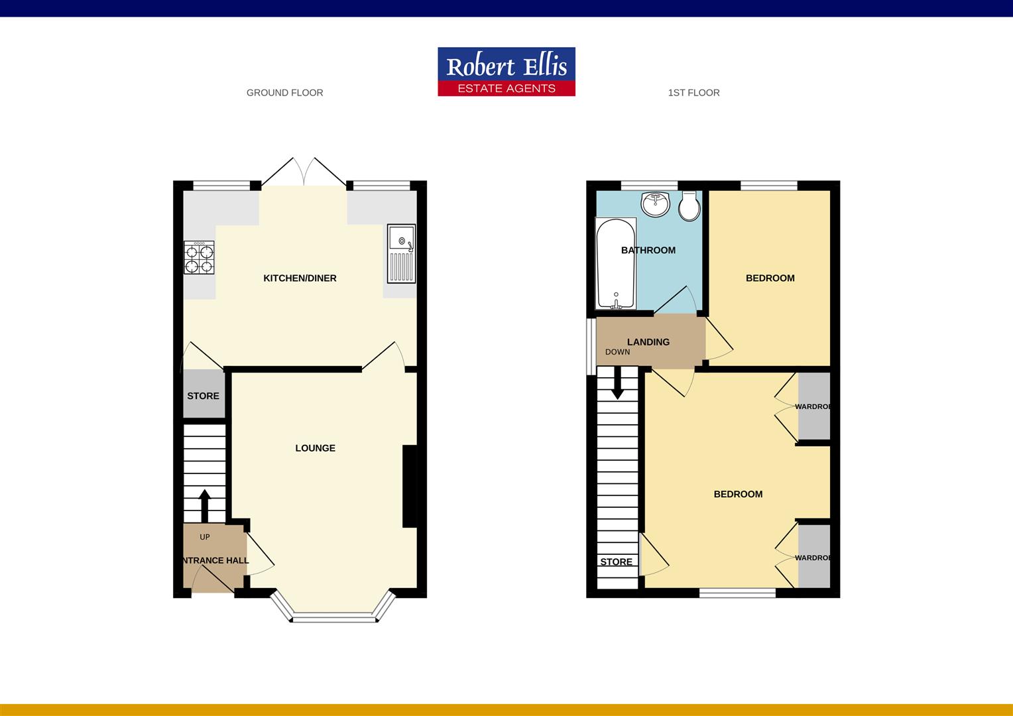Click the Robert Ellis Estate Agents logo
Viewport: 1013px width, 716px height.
tap(506, 72)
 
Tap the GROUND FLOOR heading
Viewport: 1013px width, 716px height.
tap(284, 93)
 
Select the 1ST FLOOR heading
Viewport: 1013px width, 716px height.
tap(693, 93)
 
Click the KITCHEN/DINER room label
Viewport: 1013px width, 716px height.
tap(300, 278)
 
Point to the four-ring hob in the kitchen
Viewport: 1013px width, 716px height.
tap(200, 259)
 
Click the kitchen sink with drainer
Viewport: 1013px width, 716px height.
tap(402, 254)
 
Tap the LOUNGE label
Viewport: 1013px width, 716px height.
tap(315, 448)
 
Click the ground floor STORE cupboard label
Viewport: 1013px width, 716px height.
tap(203, 396)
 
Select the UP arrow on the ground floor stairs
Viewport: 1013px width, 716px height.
tap(204, 506)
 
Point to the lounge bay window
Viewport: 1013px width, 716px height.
tap(333, 617)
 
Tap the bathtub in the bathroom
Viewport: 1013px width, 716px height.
tap(616, 263)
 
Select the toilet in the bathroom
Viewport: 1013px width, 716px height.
tap(689, 207)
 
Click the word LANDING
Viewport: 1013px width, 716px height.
tap(648, 342)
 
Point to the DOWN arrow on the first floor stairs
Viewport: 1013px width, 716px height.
tap(617, 385)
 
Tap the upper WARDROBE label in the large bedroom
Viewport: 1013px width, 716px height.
tap(813, 406)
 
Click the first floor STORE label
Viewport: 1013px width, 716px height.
tap(616, 562)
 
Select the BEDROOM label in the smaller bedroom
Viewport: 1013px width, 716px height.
tap(770, 278)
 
